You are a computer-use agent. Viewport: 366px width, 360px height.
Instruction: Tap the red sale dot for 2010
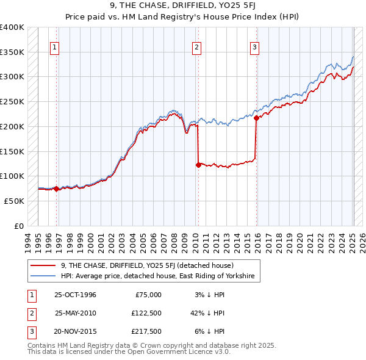(198, 165)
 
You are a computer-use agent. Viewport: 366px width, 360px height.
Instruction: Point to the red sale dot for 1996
(57, 189)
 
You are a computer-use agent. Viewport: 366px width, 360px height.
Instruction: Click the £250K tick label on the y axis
(12, 101)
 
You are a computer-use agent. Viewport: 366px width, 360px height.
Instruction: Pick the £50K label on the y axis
(15, 201)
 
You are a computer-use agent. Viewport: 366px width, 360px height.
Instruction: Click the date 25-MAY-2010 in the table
(75, 313)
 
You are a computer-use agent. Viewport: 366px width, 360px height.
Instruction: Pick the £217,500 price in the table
(147, 332)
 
